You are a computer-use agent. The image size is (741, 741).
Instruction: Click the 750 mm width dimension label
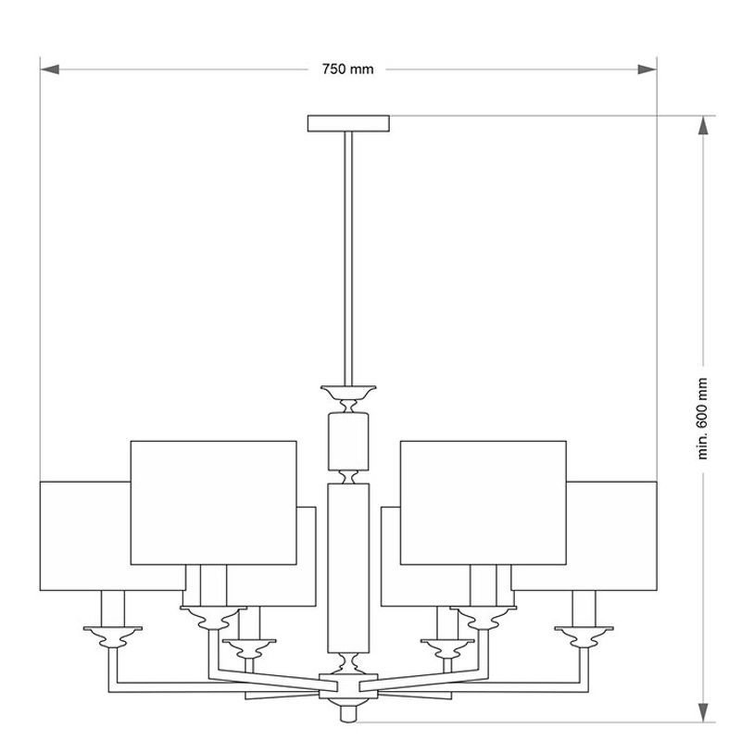tap(348, 69)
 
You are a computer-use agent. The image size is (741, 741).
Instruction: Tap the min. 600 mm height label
tap(703, 419)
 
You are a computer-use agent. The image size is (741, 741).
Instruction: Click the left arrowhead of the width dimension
tap(50, 69)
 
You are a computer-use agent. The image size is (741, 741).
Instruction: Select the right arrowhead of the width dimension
tap(647, 69)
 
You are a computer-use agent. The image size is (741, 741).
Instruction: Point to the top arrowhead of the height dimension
tap(703, 125)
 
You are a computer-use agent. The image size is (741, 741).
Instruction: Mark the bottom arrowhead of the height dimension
tap(703, 712)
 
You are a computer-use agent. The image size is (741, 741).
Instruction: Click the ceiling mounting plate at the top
tap(349, 123)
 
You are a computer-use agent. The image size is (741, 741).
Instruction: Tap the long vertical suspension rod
tap(348, 258)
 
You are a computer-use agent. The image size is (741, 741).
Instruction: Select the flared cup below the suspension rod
tap(348, 392)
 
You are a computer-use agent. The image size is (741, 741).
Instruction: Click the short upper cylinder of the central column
tap(348, 441)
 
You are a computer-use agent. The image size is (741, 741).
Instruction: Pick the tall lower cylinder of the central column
tap(348, 568)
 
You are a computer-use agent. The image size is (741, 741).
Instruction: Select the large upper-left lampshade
tap(214, 503)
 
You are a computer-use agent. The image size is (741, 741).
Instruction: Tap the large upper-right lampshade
tap(484, 503)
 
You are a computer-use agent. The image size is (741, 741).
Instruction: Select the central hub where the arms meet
tap(348, 686)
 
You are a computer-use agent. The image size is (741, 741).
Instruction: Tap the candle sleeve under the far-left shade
tap(113, 609)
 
